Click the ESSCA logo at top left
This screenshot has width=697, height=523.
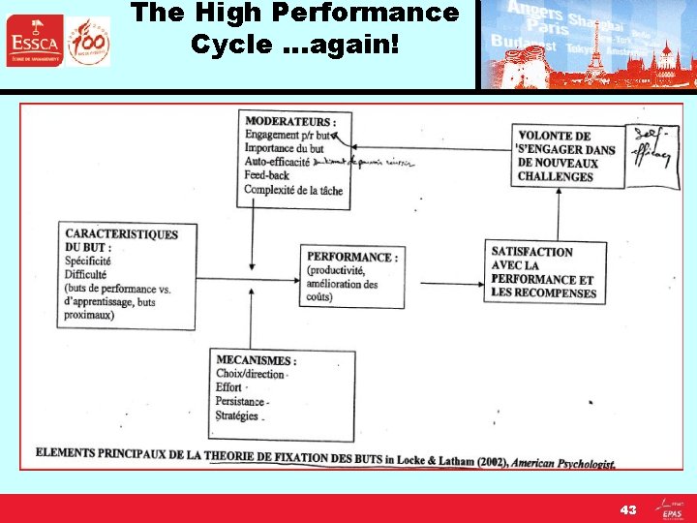(34, 41)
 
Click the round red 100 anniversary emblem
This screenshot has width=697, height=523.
(90, 42)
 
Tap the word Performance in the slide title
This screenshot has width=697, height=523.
(391, 13)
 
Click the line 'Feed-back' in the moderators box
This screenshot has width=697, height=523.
(267, 176)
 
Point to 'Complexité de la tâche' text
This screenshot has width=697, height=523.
(293, 190)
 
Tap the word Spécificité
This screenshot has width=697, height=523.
(88, 261)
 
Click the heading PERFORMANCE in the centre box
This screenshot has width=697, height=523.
(351, 257)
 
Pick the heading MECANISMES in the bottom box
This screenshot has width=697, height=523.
(256, 360)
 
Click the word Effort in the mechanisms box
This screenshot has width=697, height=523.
(229, 387)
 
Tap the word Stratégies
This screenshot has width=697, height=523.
(237, 415)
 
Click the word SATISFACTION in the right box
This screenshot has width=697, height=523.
(532, 252)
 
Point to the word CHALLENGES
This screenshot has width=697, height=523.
(556, 177)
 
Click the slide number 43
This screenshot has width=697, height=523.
(628, 509)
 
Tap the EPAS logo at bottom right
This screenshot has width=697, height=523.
(671, 508)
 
